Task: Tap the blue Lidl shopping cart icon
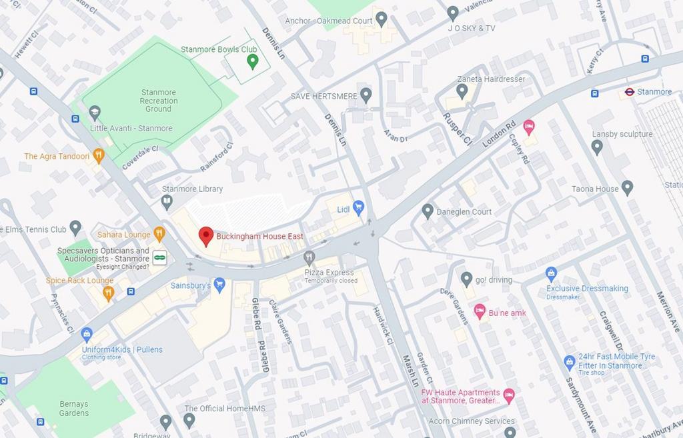click(359, 208)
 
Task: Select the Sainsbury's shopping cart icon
click(219, 285)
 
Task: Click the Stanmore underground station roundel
click(629, 92)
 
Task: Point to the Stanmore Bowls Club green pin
click(252, 61)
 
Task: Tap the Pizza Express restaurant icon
click(309, 257)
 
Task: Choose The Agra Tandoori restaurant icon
click(99, 156)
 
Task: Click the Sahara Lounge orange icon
click(159, 234)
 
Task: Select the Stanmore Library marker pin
click(167, 200)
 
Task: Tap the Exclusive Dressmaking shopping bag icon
click(551, 273)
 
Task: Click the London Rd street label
click(500, 135)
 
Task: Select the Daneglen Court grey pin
click(428, 211)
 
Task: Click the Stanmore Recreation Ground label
click(159, 101)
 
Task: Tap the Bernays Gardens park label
click(73, 409)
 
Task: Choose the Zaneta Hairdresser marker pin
click(462, 90)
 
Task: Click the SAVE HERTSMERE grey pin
click(366, 95)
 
